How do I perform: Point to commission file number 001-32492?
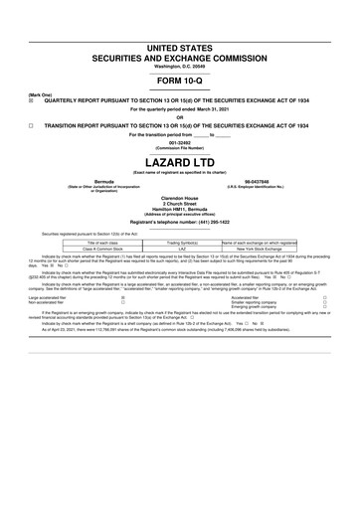[180, 143]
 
